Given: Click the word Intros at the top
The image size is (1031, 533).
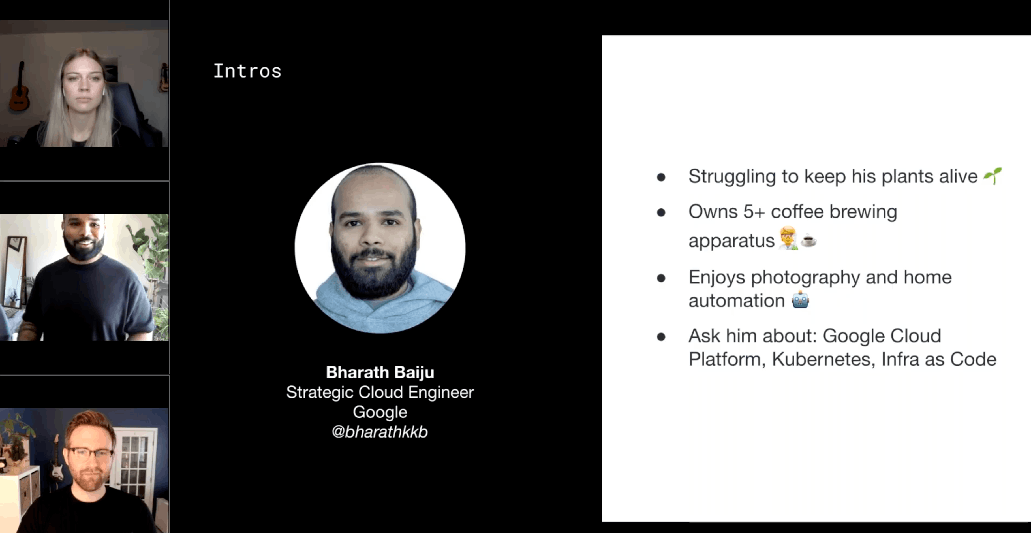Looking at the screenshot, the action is pos(247,71).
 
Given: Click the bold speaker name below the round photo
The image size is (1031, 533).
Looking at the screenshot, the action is pos(380,372).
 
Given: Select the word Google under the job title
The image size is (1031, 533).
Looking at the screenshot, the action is pos(380,412).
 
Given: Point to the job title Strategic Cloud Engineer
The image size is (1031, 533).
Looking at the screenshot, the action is pos(380,393).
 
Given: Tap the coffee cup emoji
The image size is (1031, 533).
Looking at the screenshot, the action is pos(808,240).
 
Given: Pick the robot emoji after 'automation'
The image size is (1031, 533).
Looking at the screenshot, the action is pos(800,300).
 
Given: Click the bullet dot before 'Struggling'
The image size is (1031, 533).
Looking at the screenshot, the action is pos(661,177).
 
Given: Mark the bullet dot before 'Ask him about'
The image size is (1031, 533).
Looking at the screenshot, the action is pos(661,337).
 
